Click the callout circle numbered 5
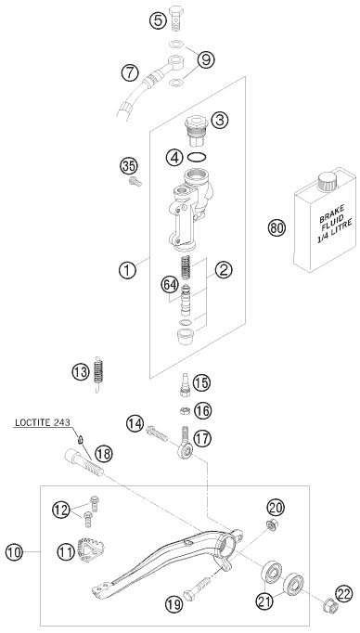tap(158, 20)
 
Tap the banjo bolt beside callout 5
tap(176, 19)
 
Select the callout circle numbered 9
tap(206, 60)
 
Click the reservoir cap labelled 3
tap(196, 131)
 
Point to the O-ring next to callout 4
tap(198, 157)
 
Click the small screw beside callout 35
tap(135, 182)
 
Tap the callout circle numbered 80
tap(276, 228)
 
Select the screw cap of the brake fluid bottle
tap(328, 181)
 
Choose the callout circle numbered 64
tap(170, 286)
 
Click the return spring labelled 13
tap(97, 374)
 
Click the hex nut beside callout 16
tap(185, 411)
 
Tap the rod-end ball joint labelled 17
tap(186, 445)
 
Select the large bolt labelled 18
tap(84, 462)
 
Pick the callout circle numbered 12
tap(60, 510)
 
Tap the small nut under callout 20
tap(271, 525)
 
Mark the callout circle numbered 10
tap(14, 552)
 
